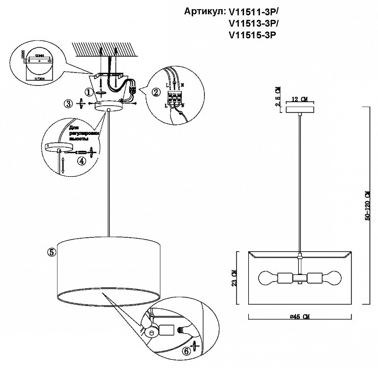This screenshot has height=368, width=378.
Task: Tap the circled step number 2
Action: (x=155, y=92)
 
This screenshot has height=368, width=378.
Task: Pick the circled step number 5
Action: (x=51, y=251)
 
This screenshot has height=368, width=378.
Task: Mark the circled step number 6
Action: (x=186, y=352)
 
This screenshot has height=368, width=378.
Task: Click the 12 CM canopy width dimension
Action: (x=301, y=99)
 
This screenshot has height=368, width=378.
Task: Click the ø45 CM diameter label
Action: (x=299, y=317)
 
